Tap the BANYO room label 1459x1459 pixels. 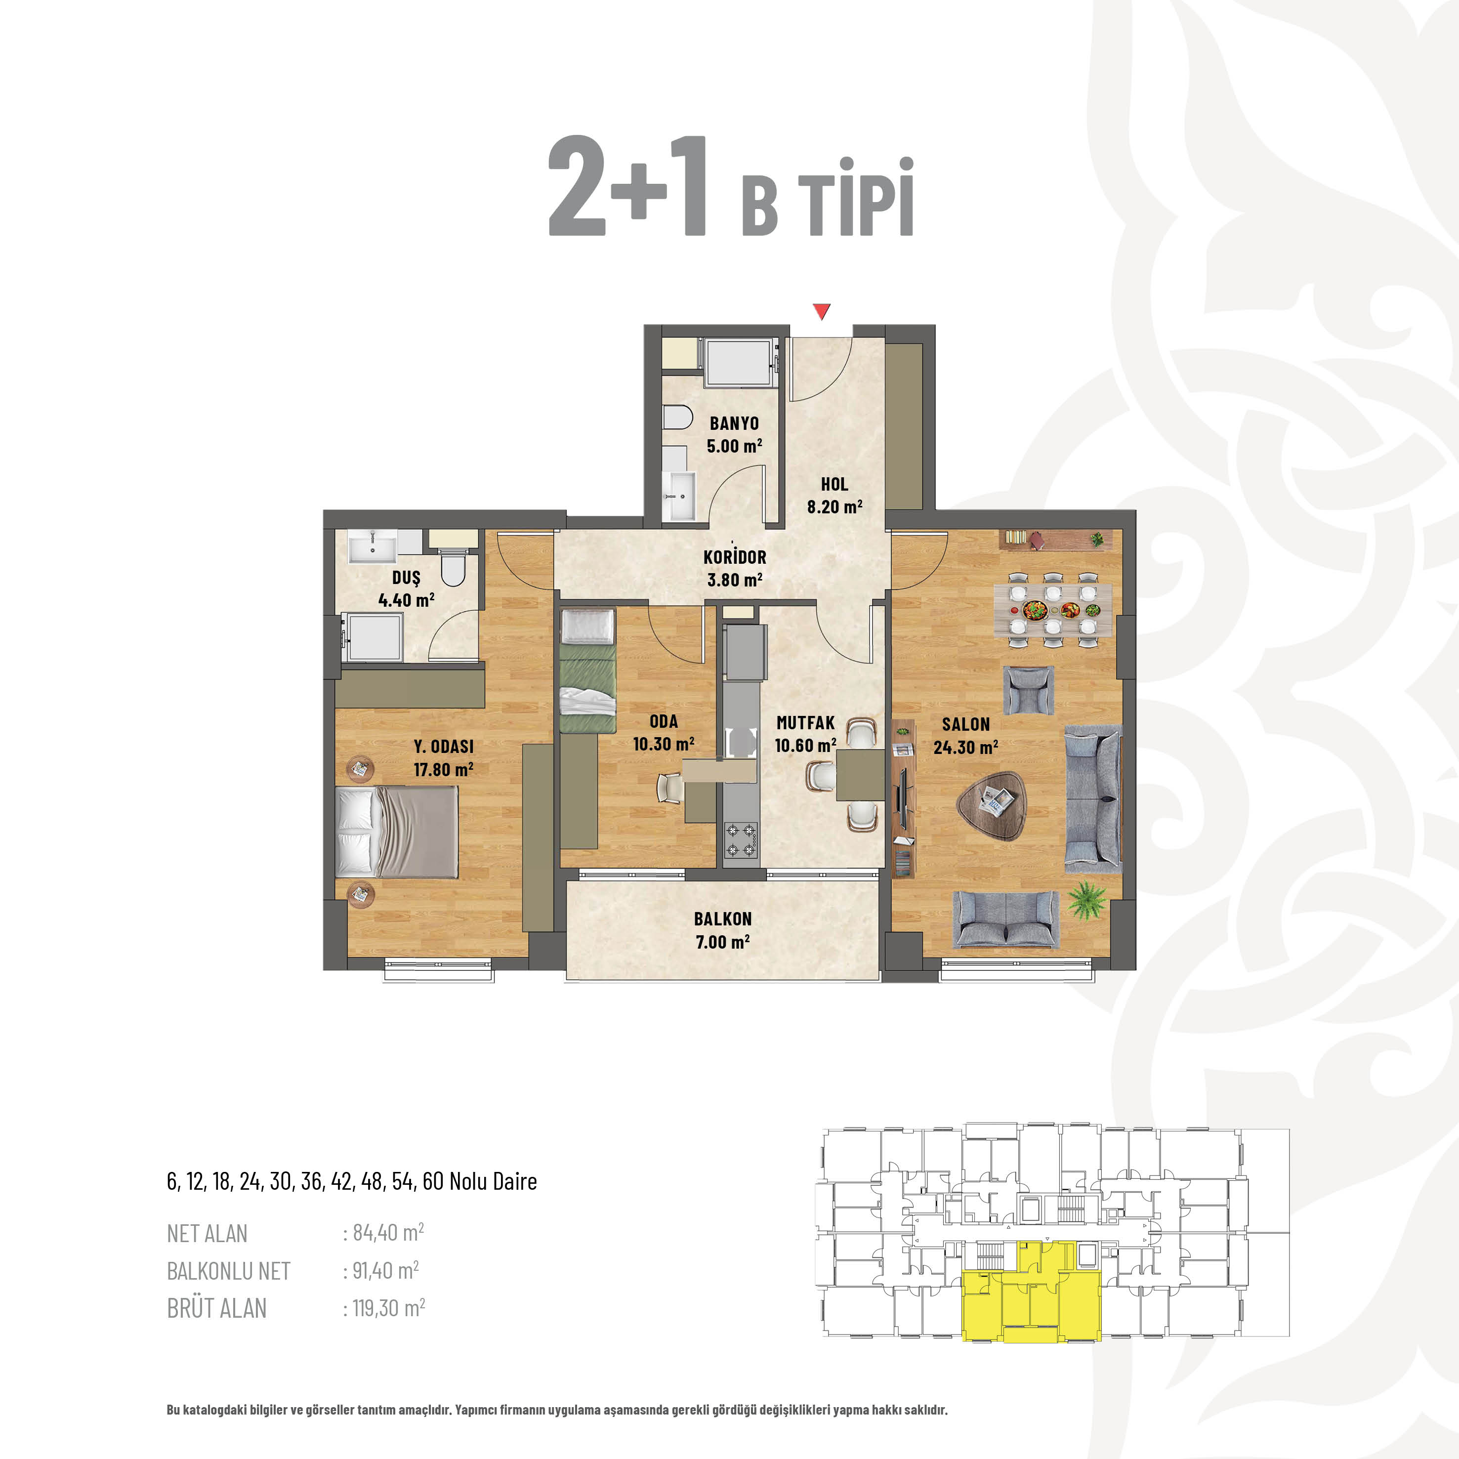[x=734, y=423]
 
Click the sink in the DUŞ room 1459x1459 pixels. [x=373, y=546]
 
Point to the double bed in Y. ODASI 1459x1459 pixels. [x=396, y=832]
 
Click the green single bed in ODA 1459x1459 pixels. [x=587, y=670]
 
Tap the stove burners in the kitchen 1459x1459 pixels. [x=741, y=840]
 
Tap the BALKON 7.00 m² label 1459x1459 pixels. [x=723, y=930]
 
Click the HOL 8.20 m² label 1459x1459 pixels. [x=834, y=496]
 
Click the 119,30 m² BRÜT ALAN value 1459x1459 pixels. [x=389, y=1307]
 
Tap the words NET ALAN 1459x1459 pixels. [x=207, y=1233]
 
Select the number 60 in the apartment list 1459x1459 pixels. [x=433, y=1181]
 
